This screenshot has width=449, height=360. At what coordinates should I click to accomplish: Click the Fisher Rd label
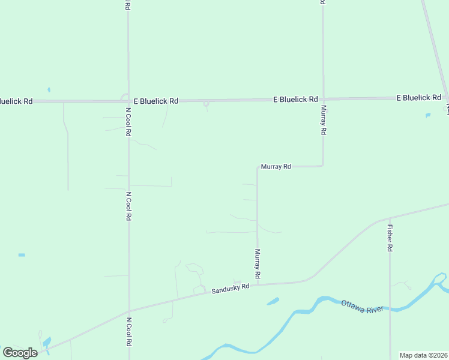pos(390,238)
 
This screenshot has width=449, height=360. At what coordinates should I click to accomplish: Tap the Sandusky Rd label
pos(230,289)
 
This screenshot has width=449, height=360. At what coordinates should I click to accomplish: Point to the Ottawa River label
pos(362,306)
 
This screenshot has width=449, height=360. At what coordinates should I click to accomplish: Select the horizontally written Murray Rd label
pos(276,166)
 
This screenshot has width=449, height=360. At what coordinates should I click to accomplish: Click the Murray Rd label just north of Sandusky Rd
pos(257,263)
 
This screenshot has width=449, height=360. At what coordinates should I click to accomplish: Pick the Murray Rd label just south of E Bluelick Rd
pos(323,120)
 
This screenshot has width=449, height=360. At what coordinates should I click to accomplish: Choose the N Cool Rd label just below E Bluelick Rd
pos(128,122)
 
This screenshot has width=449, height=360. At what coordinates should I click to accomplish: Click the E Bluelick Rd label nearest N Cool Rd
pos(155,101)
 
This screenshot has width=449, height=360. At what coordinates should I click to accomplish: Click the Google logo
pos(20,353)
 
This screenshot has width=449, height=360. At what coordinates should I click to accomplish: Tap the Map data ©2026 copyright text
pos(424,355)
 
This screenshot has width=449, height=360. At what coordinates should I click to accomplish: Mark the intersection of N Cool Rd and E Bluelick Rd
pos(128,101)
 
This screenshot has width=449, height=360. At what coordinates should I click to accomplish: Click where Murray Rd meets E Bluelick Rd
pos(323,99)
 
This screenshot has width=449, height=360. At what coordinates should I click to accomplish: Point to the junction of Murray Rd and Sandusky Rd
pos(258,284)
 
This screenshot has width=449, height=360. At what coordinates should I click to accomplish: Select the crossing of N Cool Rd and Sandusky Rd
pos(128,311)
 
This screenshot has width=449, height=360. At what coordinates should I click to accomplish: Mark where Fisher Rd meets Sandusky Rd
pos(390,218)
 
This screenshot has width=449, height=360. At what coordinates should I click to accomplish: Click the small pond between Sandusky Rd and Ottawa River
pos(273,301)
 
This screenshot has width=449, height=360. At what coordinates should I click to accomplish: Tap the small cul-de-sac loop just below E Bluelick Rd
pos(206,104)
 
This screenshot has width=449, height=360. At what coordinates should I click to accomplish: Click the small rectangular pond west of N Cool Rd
pos(22,255)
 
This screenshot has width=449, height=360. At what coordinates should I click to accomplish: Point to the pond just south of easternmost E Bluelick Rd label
pos(428,115)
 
